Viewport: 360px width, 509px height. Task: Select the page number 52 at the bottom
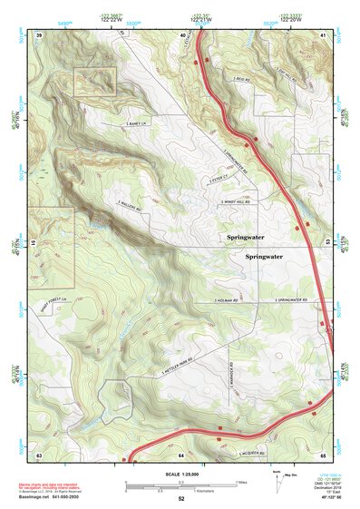pyautogui.click(x=181, y=499)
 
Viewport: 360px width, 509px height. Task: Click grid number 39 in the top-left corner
pyautogui.click(x=39, y=34)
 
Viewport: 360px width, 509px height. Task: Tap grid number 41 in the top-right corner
pyautogui.click(x=324, y=34)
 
